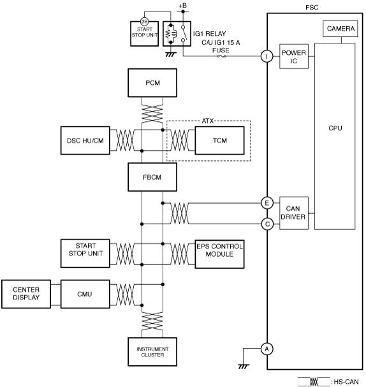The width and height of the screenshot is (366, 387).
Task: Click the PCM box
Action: pyautogui.click(x=152, y=83)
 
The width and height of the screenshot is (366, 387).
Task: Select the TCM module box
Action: pyautogui.click(x=219, y=140)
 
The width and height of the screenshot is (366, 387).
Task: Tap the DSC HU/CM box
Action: pyautogui.click(x=85, y=140)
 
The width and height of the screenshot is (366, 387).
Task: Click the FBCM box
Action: pyautogui.click(x=152, y=177)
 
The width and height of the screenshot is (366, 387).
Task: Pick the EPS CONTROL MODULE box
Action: pyautogui.click(x=219, y=254)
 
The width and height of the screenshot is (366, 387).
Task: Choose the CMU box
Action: pyautogui.click(x=85, y=294)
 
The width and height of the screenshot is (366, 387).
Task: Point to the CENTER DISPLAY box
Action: pyautogui.click(x=26, y=294)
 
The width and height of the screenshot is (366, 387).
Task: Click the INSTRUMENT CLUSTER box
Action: pyautogui.click(x=152, y=352)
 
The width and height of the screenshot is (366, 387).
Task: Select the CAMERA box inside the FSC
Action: pyautogui.click(x=340, y=29)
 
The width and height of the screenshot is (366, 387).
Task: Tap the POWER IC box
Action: pyautogui.click(x=294, y=57)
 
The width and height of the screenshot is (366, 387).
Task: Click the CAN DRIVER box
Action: pyautogui.click(x=294, y=213)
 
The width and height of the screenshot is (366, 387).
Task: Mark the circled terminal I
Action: pyautogui.click(x=267, y=56)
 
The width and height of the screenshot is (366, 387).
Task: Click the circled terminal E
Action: pyautogui.click(x=267, y=203)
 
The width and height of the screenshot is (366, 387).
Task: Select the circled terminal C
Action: pyautogui.click(x=267, y=224)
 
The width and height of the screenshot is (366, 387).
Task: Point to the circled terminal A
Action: pyautogui.click(x=267, y=349)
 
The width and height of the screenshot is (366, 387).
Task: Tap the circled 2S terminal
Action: pyautogui.click(x=144, y=22)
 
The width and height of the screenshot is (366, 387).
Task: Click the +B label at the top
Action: pyautogui.click(x=182, y=6)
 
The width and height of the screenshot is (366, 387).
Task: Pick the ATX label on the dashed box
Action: pyautogui.click(x=207, y=121)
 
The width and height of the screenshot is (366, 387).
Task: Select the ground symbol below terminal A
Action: pyautogui.click(x=244, y=367)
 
